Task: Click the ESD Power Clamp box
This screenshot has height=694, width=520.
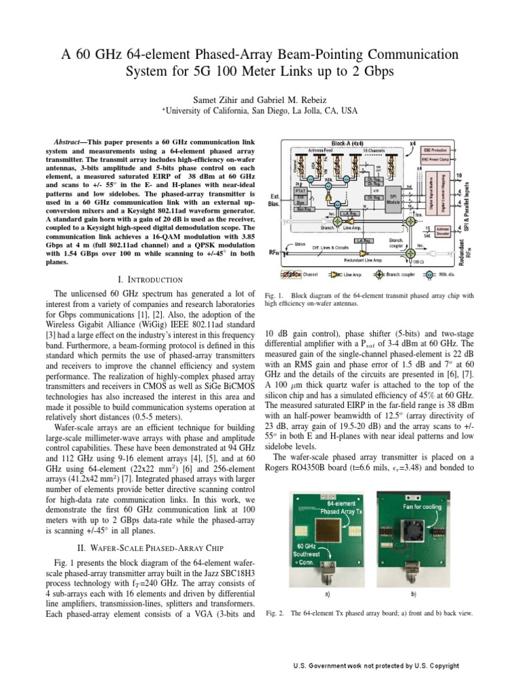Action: tap(436, 159)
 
